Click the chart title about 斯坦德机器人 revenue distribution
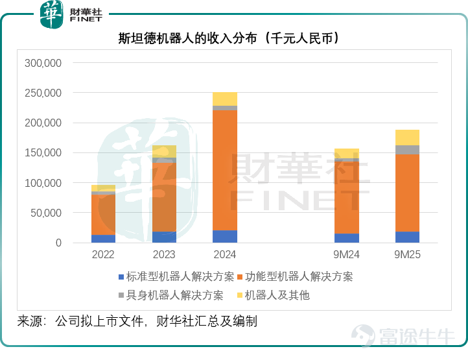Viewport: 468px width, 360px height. pyautogui.click(x=229, y=38)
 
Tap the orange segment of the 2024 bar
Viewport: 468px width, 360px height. pyautogui.click(x=225, y=171)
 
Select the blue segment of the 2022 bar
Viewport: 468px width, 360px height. pyautogui.click(x=103, y=239)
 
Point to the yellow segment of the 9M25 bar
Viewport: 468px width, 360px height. pyautogui.click(x=407, y=138)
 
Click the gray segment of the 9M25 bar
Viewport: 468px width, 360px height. pyautogui.click(x=407, y=150)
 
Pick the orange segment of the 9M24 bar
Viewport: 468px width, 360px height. pyautogui.click(x=347, y=197)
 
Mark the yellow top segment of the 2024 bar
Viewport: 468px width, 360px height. pyautogui.click(x=225, y=99)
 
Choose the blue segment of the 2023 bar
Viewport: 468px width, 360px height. pyautogui.click(x=164, y=237)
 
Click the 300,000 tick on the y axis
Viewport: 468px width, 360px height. pyautogui.click(x=43, y=63)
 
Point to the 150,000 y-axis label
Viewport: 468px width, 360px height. pyautogui.click(x=43, y=152)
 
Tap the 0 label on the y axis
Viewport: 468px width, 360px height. pyautogui.click(x=58, y=243)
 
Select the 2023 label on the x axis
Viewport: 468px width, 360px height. pyautogui.click(x=164, y=254)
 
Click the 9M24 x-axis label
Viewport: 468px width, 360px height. pyautogui.click(x=347, y=254)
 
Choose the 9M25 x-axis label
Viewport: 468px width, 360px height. pyautogui.click(x=407, y=254)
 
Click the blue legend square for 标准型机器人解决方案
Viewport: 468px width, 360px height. pyautogui.click(x=121, y=277)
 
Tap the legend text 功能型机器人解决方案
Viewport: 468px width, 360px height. pyautogui.click(x=299, y=276)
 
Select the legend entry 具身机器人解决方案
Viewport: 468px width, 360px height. pyautogui.click(x=170, y=295)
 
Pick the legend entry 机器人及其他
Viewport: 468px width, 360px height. pyautogui.click(x=274, y=295)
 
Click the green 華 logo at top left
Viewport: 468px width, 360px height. pyautogui.click(x=51, y=14)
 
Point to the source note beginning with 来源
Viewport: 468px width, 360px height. pyautogui.click(x=137, y=322)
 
